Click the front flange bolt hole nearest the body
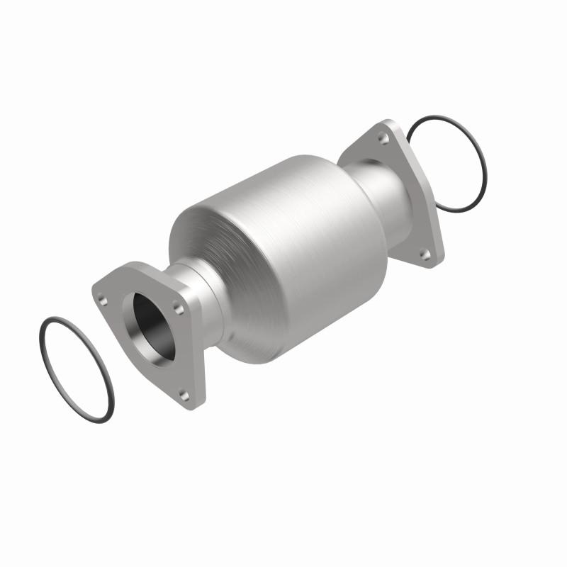click(179, 309)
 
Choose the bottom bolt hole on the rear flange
click(425, 252)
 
